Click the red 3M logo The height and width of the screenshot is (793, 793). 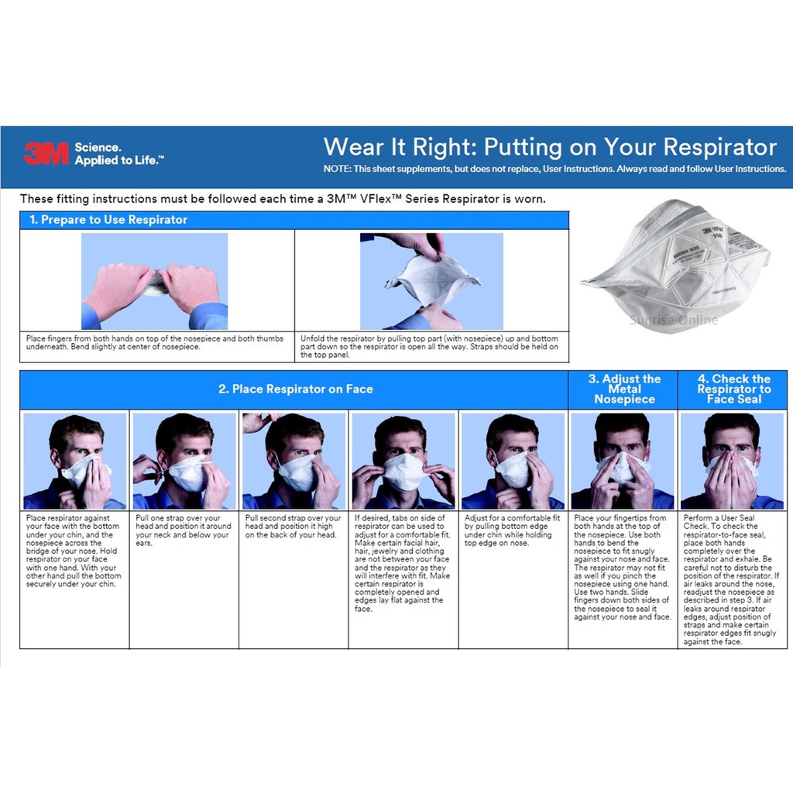(46, 154)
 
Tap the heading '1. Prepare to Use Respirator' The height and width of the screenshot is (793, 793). (108, 220)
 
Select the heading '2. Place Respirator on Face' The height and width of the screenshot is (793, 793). (295, 389)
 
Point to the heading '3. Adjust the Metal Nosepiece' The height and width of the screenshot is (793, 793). (624, 389)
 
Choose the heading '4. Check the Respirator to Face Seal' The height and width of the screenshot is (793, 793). (734, 389)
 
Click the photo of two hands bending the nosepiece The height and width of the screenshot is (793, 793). (154, 281)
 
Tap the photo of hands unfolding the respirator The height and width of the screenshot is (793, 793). (431, 281)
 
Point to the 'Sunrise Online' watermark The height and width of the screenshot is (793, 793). (674, 320)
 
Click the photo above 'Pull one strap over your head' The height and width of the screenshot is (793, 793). (184, 462)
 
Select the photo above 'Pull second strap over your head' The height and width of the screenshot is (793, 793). (294, 462)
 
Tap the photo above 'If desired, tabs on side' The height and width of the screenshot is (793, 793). (403, 462)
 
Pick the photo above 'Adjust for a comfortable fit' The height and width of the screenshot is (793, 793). (513, 462)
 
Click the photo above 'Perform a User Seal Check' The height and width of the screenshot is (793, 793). (732, 462)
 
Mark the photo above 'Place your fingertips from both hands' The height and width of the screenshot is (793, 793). (623, 462)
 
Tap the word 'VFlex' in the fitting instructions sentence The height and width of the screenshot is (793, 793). (376, 199)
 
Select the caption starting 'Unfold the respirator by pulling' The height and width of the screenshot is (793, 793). (429, 346)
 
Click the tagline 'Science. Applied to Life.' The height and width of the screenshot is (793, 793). (118, 154)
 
